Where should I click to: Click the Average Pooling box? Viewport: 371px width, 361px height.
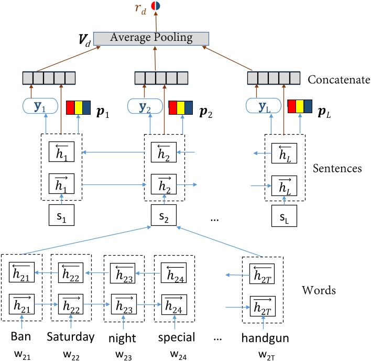pos(151,38)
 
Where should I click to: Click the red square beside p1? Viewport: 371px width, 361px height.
pos(71,107)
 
